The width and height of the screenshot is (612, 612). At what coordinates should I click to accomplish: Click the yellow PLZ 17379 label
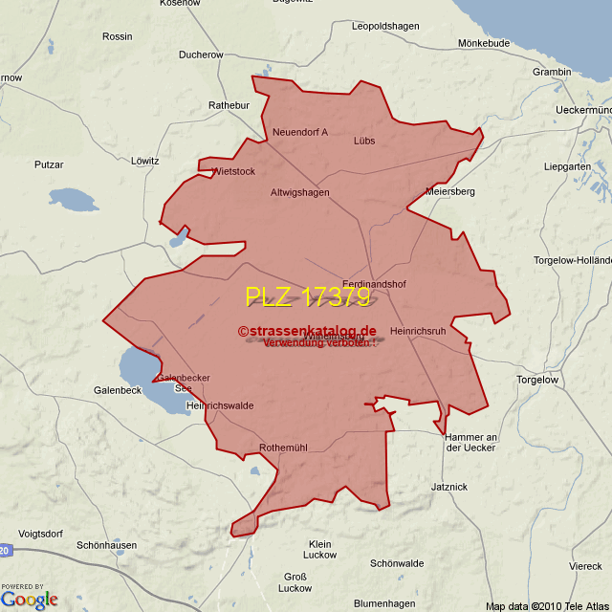(307, 297)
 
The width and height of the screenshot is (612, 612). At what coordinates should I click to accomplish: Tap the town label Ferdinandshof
(374, 284)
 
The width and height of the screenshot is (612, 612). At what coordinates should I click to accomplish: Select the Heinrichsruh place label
(418, 331)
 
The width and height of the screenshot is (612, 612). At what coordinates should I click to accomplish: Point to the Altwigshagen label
(299, 192)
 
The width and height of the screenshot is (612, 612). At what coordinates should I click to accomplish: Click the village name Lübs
(364, 141)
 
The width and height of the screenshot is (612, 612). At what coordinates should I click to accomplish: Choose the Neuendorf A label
(299, 132)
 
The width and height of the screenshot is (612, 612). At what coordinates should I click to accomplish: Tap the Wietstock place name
(232, 172)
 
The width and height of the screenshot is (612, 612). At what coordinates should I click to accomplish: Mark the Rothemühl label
(283, 448)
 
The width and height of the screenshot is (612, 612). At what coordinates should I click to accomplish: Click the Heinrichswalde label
(220, 405)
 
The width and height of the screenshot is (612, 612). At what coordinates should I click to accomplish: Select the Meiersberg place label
(450, 191)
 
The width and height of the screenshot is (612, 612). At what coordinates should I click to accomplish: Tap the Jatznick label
(449, 487)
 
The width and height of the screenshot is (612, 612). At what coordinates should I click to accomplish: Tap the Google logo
(30, 600)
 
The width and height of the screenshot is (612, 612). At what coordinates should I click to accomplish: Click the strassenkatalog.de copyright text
(307, 331)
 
